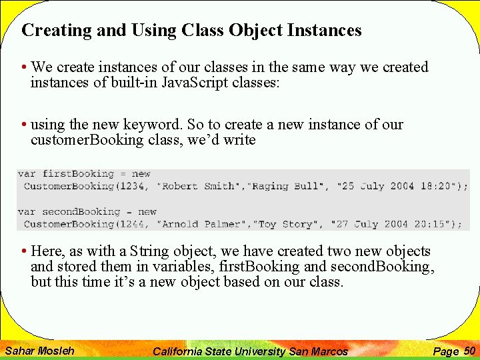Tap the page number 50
pyautogui.click(x=469, y=350)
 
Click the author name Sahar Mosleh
pyautogui.click(x=39, y=351)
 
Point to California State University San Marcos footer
pyautogui.click(x=250, y=351)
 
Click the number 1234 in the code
pyautogui.click(x=134, y=187)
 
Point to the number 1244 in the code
pyautogui.click(x=134, y=224)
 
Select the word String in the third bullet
pyautogui.click(x=149, y=251)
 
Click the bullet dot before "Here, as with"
pyautogui.click(x=24, y=251)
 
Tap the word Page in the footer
pyautogui.click(x=446, y=351)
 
